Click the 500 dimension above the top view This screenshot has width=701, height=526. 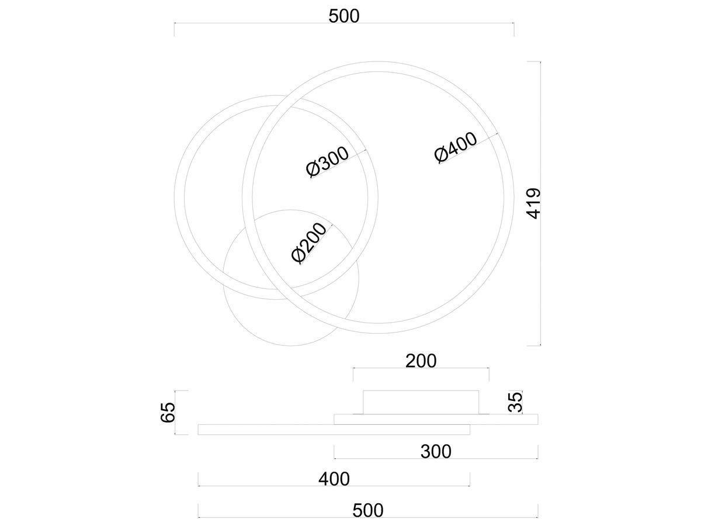(344, 16)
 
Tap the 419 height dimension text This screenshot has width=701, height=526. (534, 203)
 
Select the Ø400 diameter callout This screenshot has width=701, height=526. (456, 147)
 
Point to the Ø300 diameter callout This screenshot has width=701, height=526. (327, 162)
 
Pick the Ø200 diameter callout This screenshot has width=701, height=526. (309, 243)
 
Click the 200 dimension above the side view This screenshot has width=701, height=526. (421, 361)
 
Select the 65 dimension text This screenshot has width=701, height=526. (168, 412)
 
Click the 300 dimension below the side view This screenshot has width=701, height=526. (436, 452)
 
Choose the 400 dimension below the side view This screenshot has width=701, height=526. (334, 479)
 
